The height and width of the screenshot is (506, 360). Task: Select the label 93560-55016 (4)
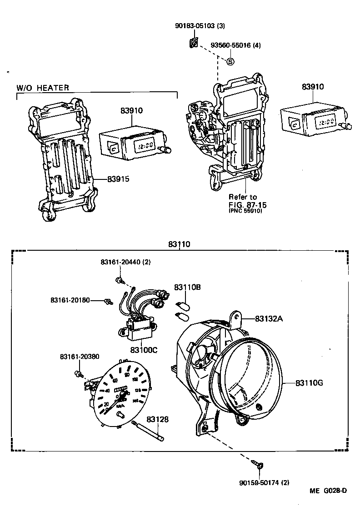(236, 45)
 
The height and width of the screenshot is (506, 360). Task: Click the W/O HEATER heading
(43, 88)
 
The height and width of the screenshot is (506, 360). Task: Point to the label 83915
(118, 179)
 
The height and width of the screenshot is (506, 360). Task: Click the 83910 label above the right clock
(312, 87)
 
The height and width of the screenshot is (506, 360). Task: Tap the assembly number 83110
(179, 244)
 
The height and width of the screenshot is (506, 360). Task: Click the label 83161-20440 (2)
(125, 263)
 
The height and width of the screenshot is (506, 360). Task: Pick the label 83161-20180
(70, 300)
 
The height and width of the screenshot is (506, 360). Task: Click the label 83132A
(269, 319)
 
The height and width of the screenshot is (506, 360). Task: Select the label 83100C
(144, 350)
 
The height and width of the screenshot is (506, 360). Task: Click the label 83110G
(309, 382)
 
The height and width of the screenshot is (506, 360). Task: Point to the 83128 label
(157, 420)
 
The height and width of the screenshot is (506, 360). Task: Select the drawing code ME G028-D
(328, 491)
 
